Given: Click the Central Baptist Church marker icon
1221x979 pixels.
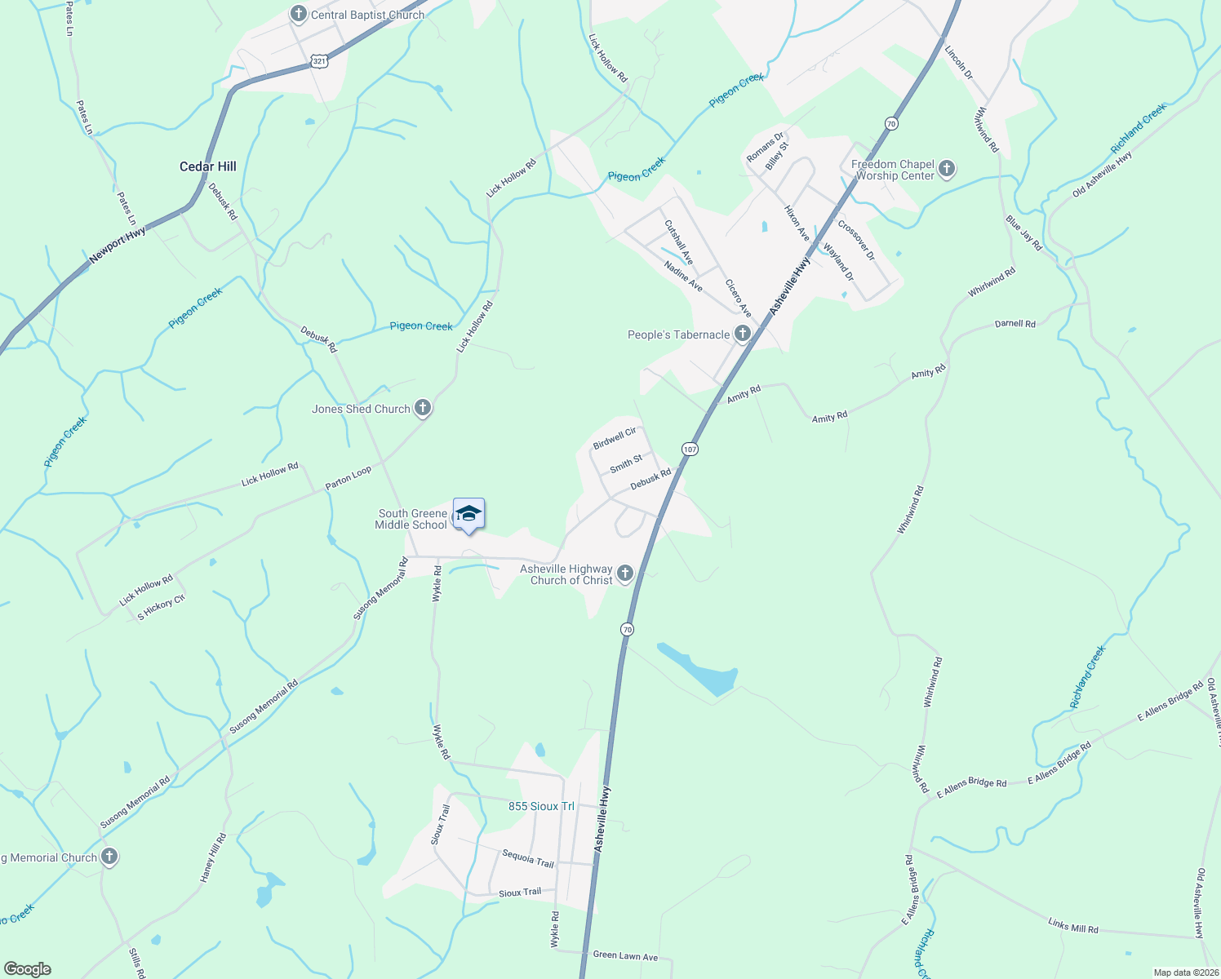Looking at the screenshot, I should pos(299,14).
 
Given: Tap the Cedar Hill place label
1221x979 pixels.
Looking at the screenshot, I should pos(208,166).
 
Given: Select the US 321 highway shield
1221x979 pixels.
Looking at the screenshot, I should pos(319,61).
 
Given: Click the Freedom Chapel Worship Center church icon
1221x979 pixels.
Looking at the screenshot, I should pos(947,169).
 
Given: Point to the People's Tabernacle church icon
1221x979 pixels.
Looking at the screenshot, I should pos(743,334).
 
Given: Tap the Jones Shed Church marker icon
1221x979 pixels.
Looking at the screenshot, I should pos(422,408).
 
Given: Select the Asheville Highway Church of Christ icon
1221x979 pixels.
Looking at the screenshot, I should pos(625,574).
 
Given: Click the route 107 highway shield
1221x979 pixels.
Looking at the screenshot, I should pos(690,449).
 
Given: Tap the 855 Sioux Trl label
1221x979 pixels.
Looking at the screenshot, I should pos(541,806).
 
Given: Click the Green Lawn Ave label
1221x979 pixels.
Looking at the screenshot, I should pos(625,956).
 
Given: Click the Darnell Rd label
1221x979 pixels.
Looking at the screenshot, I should pos(1015,324).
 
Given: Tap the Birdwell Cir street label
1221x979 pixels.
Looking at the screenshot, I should pos(615,438).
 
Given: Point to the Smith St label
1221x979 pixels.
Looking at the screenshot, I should pos(626,464).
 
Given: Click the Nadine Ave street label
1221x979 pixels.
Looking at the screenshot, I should pos(683,277).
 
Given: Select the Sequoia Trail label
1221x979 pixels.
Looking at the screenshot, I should pos(528,858).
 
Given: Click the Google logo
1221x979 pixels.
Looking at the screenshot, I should pos(27,968).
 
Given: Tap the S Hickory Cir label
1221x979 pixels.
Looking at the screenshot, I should pos(161,608).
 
